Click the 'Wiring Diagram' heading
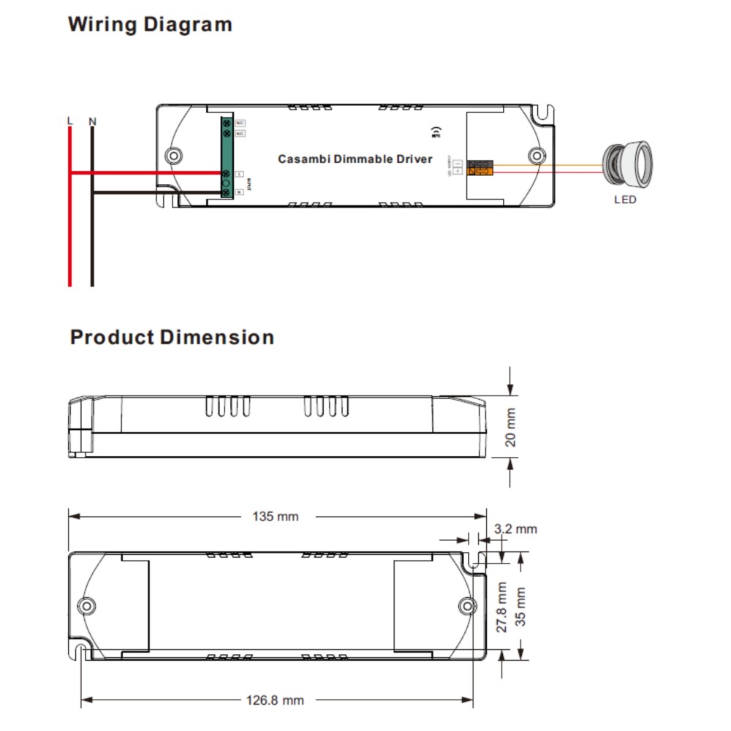pos(150,24)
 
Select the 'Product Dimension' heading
pos(172,338)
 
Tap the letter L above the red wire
pos(69,121)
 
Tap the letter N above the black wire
pos(92,121)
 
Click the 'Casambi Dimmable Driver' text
pos(355,159)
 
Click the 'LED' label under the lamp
pos(625,200)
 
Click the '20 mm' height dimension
pos(511,428)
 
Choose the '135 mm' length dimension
pos(276,517)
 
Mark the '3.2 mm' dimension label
pos(515,529)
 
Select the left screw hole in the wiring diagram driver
pos(173,156)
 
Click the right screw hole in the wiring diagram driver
pos(537,156)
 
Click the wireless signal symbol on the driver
pos(436,133)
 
